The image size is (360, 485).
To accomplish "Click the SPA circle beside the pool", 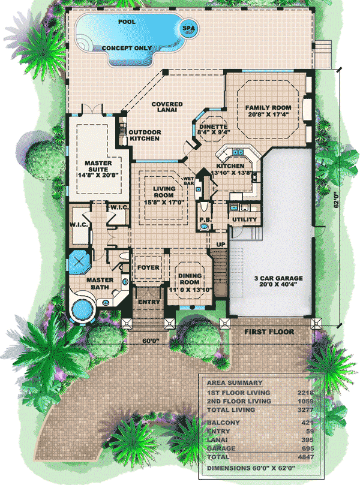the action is point(188,28).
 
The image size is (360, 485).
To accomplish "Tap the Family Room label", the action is point(268,111).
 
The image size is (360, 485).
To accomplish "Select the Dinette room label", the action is point(213,129).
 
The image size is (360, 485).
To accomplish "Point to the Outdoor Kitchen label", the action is point(145,135).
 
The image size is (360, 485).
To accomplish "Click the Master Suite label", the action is point(98,169).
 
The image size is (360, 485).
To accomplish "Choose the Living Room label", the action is point(164,195).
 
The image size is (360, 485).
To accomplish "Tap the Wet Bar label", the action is point(188,181).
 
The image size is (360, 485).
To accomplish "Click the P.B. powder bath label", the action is point(205,219).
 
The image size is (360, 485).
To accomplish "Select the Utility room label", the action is point(245,219).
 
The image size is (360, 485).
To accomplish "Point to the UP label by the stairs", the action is point(221,245).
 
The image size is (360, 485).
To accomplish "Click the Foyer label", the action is point(148,267).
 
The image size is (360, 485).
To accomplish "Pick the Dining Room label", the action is point(190,282).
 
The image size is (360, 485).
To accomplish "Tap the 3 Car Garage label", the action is point(278,281).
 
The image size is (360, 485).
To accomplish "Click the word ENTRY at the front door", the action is point(149,302).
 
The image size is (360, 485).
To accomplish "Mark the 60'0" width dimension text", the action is point(151,341).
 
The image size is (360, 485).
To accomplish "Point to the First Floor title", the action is point(269,332).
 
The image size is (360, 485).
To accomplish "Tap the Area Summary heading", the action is point(235,382).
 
